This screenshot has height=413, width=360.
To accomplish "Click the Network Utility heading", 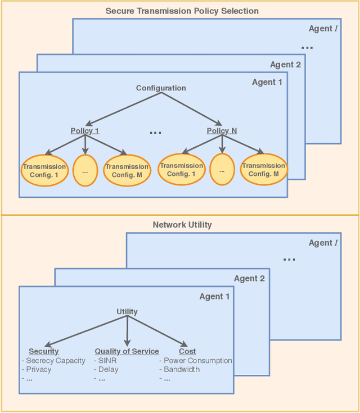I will tap(182, 225).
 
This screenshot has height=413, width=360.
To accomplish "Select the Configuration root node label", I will tap(161, 88).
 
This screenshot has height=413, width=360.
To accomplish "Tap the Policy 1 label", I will tap(85, 131).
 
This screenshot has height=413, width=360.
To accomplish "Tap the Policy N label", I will tap(222, 131).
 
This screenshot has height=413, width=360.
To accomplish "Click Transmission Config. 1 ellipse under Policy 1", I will tap(44, 170).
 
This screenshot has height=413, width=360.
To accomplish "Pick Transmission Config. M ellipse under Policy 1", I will tap(127, 170).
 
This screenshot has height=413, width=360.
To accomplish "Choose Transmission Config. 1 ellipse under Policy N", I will tap(181, 169).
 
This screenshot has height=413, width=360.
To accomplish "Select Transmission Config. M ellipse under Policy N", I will tap(263, 169).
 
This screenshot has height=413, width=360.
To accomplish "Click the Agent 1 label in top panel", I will tap(268, 82).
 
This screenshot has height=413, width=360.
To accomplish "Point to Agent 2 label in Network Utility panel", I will tap(249, 278).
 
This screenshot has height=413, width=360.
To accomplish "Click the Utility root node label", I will tap(127, 311).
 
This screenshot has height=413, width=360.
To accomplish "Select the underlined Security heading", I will tap(44, 351).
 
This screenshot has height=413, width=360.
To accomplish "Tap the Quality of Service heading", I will tap(127, 351).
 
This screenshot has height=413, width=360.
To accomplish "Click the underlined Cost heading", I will tap(187, 351).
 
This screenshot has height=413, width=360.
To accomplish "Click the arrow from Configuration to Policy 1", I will tap(123, 108).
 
